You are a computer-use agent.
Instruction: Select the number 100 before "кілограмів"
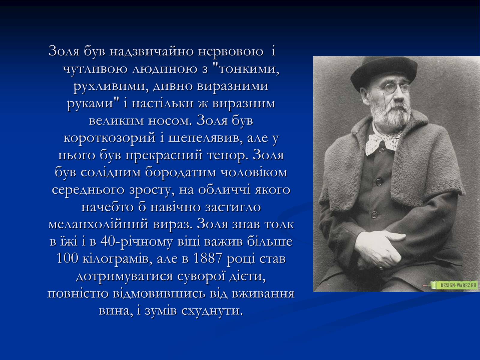tap(67, 258)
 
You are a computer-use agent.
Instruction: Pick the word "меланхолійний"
tap(98, 224)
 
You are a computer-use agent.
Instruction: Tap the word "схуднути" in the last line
tap(212, 311)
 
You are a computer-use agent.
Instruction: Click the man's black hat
tap(384, 72)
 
